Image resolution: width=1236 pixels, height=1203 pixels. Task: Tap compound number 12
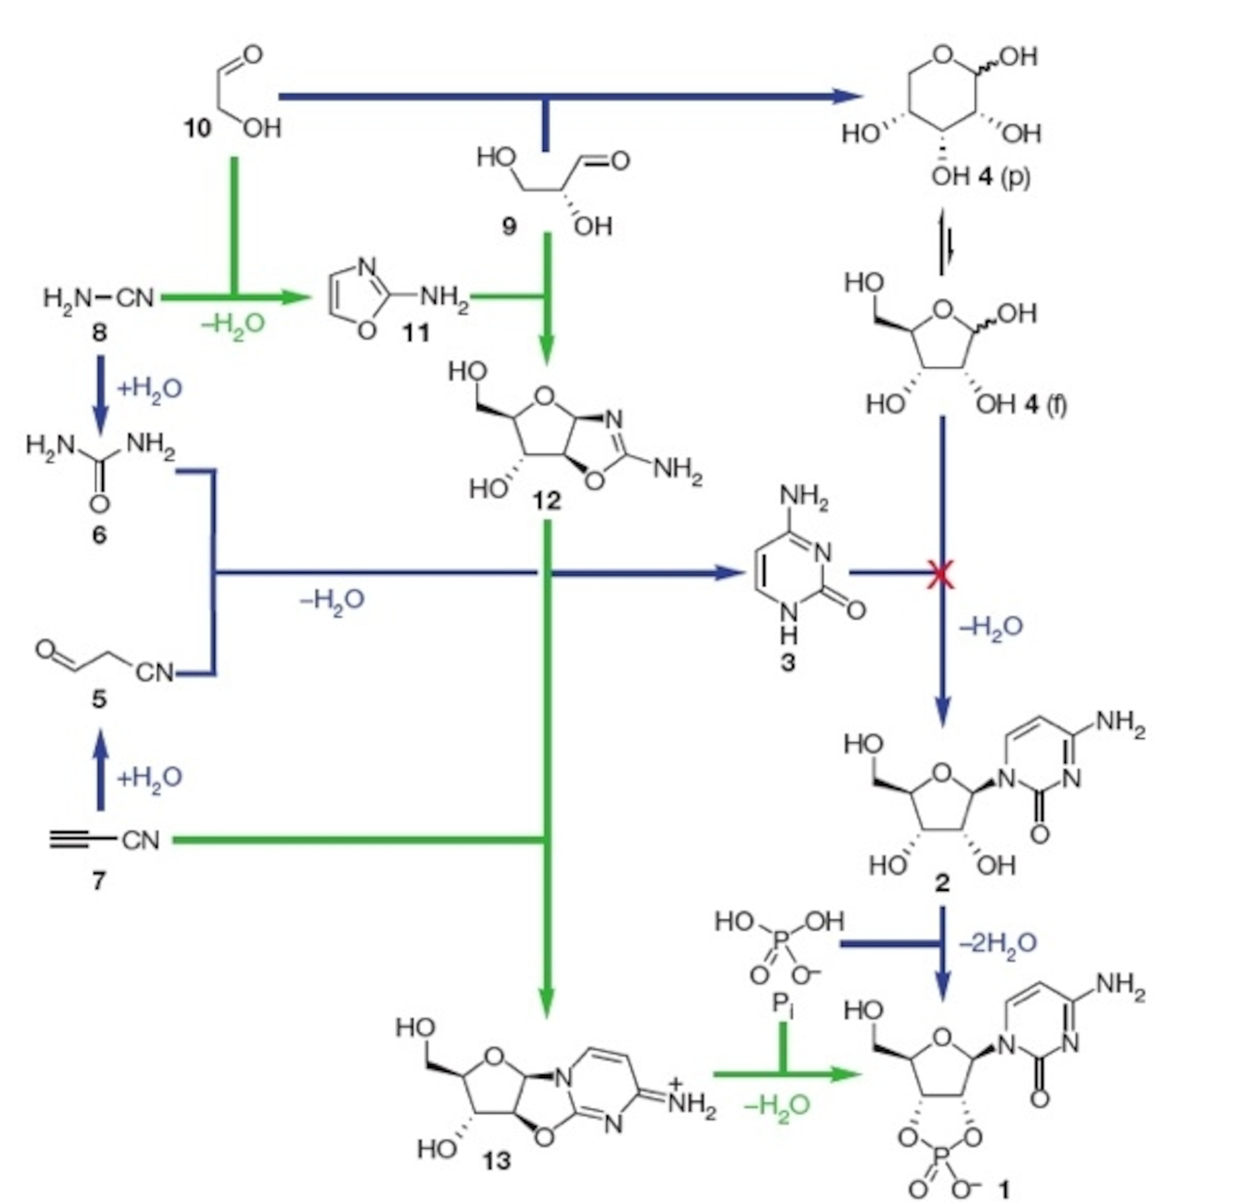pyautogui.click(x=547, y=501)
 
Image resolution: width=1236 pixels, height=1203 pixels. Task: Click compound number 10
pyautogui.click(x=197, y=129)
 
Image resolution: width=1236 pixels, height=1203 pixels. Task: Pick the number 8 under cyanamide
pyautogui.click(x=99, y=333)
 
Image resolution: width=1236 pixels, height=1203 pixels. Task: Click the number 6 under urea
pyautogui.click(x=99, y=535)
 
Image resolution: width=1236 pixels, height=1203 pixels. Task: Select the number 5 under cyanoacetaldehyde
pyautogui.click(x=99, y=699)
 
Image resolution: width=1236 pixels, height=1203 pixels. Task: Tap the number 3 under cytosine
pyautogui.click(x=788, y=663)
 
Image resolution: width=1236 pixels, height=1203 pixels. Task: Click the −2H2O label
pyautogui.click(x=998, y=943)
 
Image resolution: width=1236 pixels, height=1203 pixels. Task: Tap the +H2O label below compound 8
pyautogui.click(x=150, y=388)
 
